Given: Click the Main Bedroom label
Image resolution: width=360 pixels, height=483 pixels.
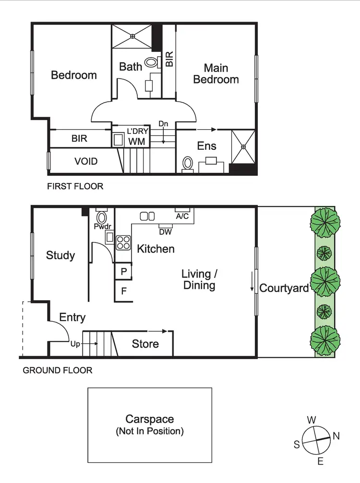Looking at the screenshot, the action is (216, 73).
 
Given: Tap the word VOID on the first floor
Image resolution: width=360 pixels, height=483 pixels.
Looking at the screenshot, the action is (86, 161).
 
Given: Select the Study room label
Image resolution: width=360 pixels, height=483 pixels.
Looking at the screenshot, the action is (60, 255).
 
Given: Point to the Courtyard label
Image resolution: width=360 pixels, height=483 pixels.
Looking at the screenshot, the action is (284, 288).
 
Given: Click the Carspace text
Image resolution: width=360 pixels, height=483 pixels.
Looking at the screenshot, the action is (150, 419).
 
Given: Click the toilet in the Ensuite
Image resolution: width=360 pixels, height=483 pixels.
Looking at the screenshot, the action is (188, 164).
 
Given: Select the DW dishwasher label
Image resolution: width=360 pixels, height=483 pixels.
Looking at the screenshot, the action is (165, 231).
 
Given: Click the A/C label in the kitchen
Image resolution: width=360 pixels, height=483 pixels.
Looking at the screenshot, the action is (182, 216).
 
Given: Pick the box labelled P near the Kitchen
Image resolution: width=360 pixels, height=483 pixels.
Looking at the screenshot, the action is (124, 271).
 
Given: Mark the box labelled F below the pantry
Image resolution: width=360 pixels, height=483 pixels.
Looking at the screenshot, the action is (124, 291).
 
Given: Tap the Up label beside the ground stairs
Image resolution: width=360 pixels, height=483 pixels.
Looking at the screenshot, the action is (75, 344).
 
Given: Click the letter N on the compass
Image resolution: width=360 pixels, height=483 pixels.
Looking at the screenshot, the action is (336, 436).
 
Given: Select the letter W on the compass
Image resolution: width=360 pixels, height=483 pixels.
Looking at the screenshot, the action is (312, 419).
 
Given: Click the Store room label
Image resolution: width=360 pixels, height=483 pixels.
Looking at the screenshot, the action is (145, 344).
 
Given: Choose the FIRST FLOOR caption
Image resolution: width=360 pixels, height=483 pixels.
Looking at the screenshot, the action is (75, 186).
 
